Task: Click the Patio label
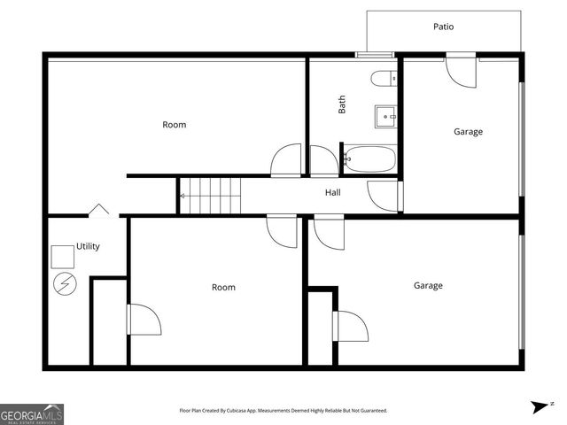[x=443, y=27]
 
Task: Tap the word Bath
[x=342, y=104]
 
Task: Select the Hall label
[x=333, y=192]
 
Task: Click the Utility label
[x=88, y=246]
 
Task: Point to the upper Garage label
[x=468, y=132]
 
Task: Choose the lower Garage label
[x=428, y=285]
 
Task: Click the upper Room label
[x=175, y=125]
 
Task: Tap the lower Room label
[x=223, y=287]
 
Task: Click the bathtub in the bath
[x=370, y=159]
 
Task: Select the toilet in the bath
[x=384, y=78]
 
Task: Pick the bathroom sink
[x=386, y=115]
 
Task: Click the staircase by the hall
[x=211, y=195]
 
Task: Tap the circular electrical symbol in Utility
[x=65, y=283]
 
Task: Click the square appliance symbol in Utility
[x=62, y=256]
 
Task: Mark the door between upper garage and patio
[x=462, y=69]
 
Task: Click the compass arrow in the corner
[x=540, y=406]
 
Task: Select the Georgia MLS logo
[x=32, y=413]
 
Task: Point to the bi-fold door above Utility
[x=98, y=210]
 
